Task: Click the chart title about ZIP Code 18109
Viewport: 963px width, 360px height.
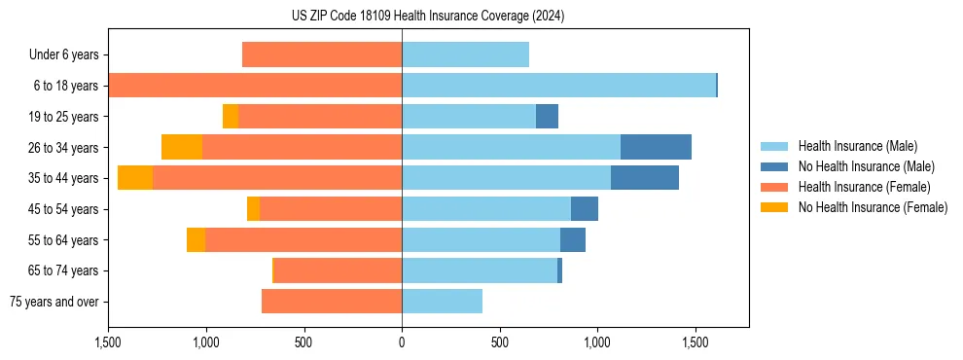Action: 428,17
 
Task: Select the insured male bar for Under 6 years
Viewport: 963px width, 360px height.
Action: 465,54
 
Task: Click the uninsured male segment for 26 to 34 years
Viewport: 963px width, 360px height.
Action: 656,147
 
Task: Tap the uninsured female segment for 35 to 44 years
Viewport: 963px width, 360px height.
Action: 135,178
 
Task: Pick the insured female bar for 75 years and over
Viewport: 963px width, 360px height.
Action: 332,302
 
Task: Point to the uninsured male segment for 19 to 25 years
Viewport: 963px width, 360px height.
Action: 547,117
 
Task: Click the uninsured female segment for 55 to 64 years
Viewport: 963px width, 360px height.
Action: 196,240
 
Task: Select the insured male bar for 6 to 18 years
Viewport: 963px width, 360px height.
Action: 558,86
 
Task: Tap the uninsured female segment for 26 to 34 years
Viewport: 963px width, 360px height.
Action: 182,147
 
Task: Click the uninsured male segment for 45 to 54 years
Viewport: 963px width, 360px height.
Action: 584,209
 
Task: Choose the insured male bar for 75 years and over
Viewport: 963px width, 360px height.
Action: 442,302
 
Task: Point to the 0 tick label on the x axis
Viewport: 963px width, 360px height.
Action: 402,342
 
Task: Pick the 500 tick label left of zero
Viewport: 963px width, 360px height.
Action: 303,342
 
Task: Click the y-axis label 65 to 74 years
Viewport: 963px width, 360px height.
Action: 64,270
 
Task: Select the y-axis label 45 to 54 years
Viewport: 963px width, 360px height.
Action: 64,209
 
